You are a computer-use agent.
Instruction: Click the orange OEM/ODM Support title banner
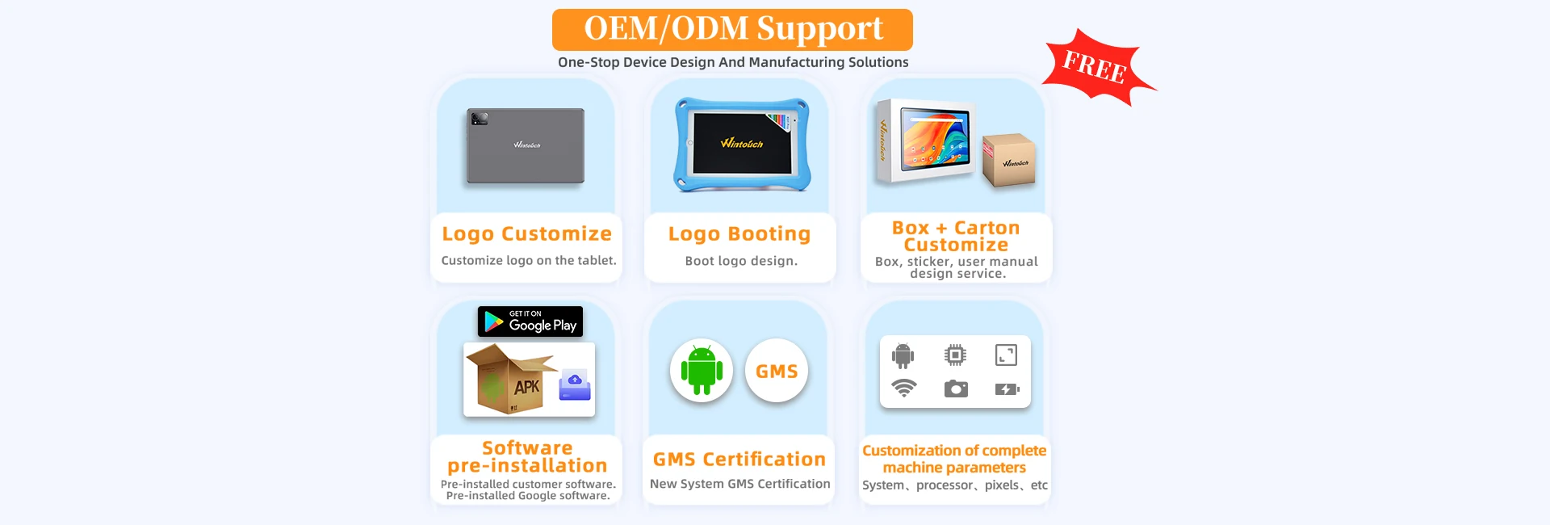[732, 30]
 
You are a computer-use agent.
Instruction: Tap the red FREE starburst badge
[1095, 67]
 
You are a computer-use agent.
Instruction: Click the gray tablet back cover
[526, 146]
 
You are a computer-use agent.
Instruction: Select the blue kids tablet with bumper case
[742, 145]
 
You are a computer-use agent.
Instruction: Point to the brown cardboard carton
[1009, 159]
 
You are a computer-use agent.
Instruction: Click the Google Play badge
[530, 321]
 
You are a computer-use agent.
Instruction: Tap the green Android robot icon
[702, 371]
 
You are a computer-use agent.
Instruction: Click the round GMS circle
[777, 371]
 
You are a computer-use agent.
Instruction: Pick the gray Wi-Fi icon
[903, 388]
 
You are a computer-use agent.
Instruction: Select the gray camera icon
[956, 388]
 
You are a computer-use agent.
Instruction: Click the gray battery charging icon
[1007, 389]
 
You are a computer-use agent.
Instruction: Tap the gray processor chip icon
[955, 355]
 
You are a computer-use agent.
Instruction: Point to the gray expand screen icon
[1006, 355]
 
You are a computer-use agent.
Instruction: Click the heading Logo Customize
[526, 234]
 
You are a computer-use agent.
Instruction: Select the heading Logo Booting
[739, 234]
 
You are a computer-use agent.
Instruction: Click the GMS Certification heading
[739, 460]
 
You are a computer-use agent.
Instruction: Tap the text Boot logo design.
[741, 261]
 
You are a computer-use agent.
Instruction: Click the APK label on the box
[526, 387]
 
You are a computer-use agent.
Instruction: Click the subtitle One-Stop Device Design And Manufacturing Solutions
[733, 62]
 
